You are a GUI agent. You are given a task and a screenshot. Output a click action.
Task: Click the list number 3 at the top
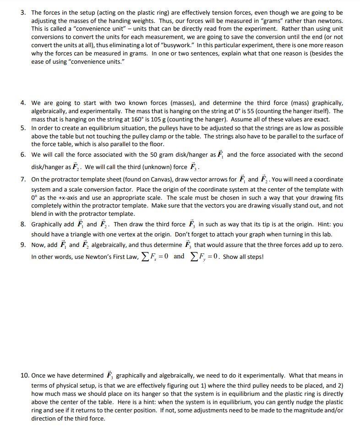[x=23, y=12]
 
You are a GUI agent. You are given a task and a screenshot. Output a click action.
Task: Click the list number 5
[x=23, y=128]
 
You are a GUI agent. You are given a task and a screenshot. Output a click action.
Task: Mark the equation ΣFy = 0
[x=203, y=257]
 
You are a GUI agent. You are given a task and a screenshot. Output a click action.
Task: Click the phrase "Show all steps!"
[x=243, y=257]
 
